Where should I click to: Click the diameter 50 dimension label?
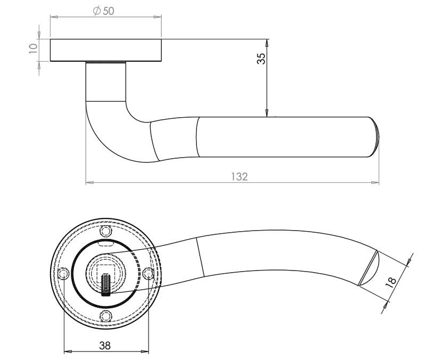pyautogui.click(x=103, y=11)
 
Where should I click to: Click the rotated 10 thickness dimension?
pyautogui.click(x=33, y=48)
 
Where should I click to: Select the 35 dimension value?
pyautogui.click(x=261, y=59)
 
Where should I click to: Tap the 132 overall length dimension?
pyautogui.click(x=240, y=177)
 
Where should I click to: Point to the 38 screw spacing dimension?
pyautogui.click(x=105, y=346)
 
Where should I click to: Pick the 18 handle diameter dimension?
pyautogui.click(x=391, y=283)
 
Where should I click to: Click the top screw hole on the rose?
pyautogui.click(x=106, y=232)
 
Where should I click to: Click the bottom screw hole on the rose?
pyautogui.click(x=106, y=316)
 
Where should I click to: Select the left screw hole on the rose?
pyautogui.click(x=64, y=273)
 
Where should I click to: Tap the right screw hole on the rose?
pyautogui.click(x=149, y=273)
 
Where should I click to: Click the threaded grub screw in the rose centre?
pyautogui.click(x=105, y=285)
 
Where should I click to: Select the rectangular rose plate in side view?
pyautogui.click(x=105, y=50)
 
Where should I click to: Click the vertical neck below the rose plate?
pyautogui.click(x=105, y=82)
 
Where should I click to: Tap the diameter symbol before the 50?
pyautogui.click(x=97, y=11)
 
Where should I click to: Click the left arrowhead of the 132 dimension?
pyautogui.click(x=89, y=183)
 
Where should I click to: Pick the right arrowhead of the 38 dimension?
pyautogui.click(x=145, y=351)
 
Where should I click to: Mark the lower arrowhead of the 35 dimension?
pyautogui.click(x=267, y=113)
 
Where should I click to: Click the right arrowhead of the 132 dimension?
pyautogui.click(x=375, y=183)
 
